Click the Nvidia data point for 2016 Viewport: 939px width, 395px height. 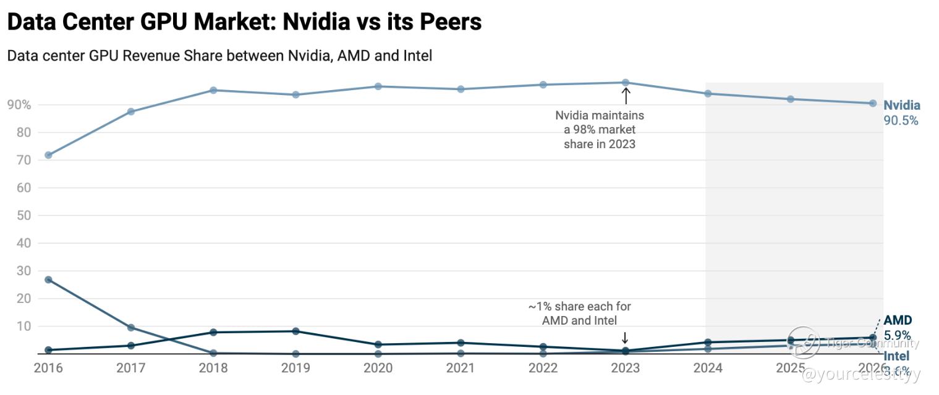click(x=48, y=155)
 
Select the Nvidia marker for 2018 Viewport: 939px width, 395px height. click(x=213, y=90)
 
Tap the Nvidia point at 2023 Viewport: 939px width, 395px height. click(x=626, y=83)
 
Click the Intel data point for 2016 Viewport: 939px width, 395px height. click(x=48, y=280)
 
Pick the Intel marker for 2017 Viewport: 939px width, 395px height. click(x=131, y=327)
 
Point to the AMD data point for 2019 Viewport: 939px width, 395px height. click(x=295, y=331)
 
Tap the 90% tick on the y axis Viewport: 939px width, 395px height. click(x=19, y=105)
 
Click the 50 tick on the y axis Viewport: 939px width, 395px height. click(x=23, y=215)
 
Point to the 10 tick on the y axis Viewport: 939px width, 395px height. click(x=23, y=326)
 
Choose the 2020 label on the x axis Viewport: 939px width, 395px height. click(x=378, y=368)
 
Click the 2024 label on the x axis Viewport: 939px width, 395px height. click(x=708, y=368)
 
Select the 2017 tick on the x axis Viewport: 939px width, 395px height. click(x=130, y=368)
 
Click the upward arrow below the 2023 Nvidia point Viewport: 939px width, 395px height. click(x=626, y=96)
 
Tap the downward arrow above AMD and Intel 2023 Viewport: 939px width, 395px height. click(x=625, y=338)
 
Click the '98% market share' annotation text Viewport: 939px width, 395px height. click(x=599, y=130)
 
